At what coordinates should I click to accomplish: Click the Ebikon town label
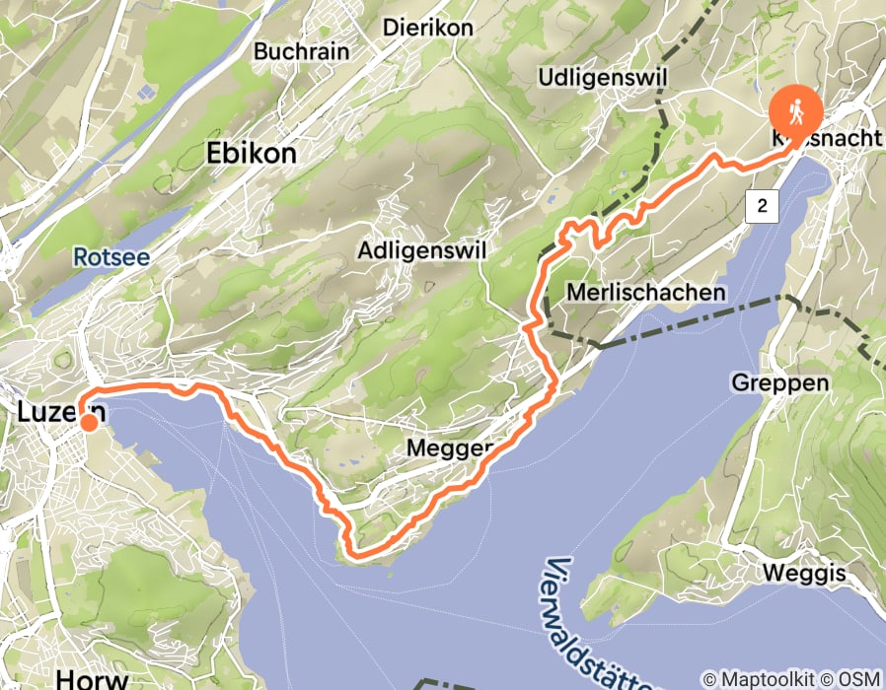251,154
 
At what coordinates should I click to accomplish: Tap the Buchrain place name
297,50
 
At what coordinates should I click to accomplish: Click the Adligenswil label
423,250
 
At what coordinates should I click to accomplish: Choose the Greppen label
774,381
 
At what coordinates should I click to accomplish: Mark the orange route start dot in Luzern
89,423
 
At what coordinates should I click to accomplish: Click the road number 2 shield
763,206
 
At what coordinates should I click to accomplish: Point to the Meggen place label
449,449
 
